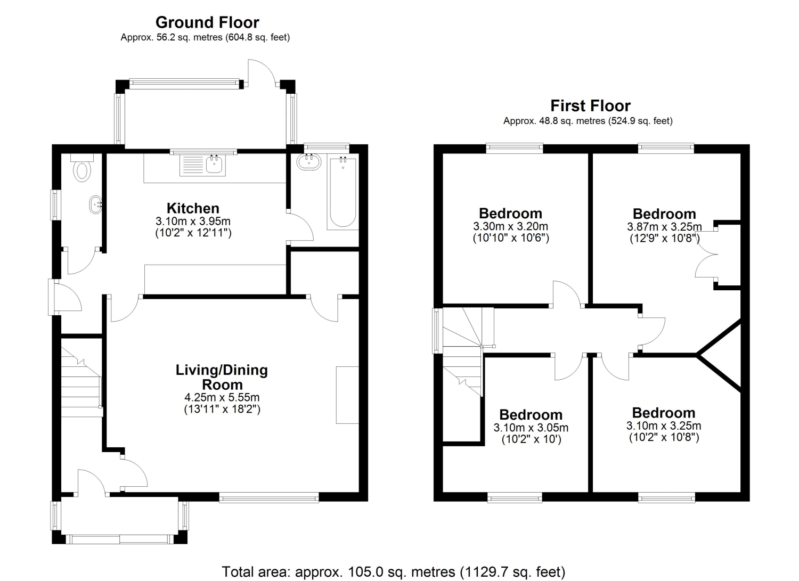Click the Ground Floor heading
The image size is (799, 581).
(x=207, y=22)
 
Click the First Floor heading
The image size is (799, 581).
(x=590, y=105)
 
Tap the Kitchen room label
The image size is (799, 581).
(x=193, y=208)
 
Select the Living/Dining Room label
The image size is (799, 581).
(x=222, y=377)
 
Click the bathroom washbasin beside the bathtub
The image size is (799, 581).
(x=308, y=162)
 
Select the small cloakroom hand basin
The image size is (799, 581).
(x=96, y=204)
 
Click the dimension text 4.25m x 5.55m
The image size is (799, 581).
(x=222, y=397)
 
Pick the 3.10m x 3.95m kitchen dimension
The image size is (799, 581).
(x=193, y=221)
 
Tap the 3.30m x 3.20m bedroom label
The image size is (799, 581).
(x=510, y=226)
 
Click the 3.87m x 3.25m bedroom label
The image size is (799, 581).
(x=664, y=227)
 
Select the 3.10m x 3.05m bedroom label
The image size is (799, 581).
(x=531, y=428)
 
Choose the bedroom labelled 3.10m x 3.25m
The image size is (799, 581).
(x=663, y=425)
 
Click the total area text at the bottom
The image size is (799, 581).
(x=393, y=571)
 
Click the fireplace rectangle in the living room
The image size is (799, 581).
(x=347, y=395)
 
